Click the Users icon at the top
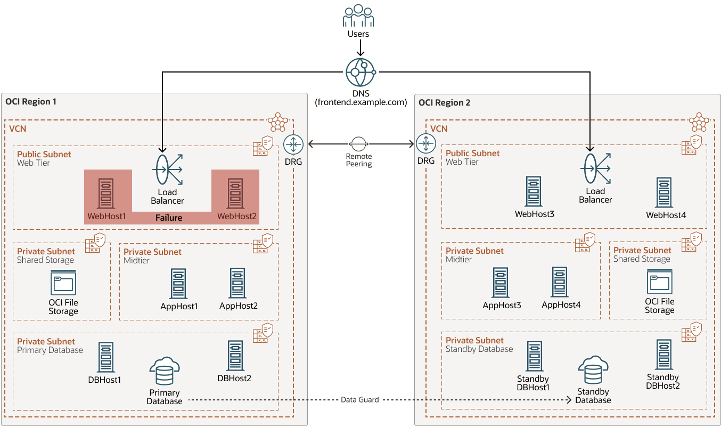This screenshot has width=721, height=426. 358,17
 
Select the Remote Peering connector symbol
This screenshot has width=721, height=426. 358,144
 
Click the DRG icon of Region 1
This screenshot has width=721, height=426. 293,144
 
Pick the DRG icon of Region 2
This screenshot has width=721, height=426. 426,144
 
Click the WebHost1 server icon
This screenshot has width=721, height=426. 106,193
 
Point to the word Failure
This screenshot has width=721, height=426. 169,218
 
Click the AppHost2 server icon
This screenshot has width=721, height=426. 237,283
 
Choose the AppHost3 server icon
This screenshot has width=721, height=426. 501,282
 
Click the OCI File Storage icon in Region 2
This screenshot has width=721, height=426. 659,282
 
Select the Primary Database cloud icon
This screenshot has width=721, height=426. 165,372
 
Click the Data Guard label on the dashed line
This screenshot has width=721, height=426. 360,399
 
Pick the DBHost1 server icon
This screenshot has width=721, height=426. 106,357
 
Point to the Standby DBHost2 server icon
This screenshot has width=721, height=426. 663,355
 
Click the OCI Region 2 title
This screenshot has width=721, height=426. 445,102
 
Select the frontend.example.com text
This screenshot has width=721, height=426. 361,102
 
